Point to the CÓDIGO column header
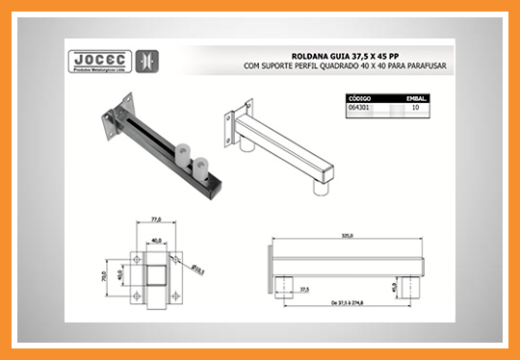pyautogui.click(x=364, y=98)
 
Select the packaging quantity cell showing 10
pyautogui.click(x=415, y=109)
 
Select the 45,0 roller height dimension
pyautogui.click(x=423, y=285)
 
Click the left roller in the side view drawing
pyautogui.click(x=286, y=285)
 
